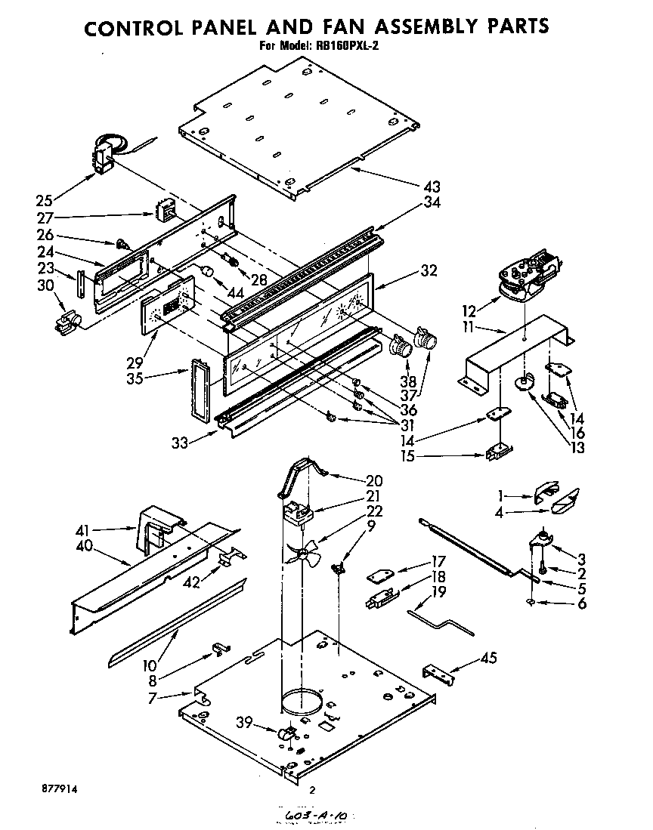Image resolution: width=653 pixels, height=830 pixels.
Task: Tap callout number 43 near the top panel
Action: (x=432, y=187)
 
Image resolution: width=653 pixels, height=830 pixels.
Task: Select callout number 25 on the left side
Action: (x=45, y=201)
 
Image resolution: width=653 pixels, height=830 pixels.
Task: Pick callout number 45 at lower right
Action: (x=489, y=659)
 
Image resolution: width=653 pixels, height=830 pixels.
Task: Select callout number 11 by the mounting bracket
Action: (x=469, y=328)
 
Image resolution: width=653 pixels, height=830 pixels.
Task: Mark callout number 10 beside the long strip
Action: (x=151, y=665)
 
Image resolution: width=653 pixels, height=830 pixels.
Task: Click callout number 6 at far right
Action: (x=581, y=603)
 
